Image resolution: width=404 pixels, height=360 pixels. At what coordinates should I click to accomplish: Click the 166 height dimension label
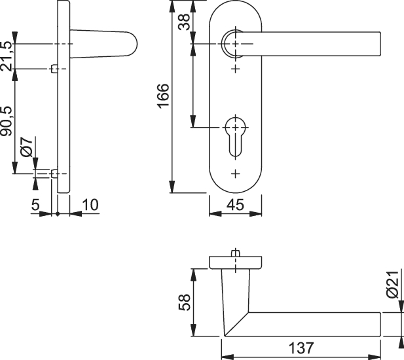coord(163,96)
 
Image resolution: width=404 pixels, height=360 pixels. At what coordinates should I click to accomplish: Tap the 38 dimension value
coord(185,22)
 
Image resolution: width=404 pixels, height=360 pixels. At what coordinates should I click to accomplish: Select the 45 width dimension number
coord(236,205)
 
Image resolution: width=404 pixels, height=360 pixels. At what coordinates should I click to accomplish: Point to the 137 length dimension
coord(301,348)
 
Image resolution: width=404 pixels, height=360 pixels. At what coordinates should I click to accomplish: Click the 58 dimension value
coord(185,302)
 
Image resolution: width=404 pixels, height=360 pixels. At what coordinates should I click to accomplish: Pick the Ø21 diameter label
coord(393,285)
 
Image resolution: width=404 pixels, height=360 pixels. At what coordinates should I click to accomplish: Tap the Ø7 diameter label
coord(27,147)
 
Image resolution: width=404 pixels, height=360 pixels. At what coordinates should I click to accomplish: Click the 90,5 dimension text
coord(6,122)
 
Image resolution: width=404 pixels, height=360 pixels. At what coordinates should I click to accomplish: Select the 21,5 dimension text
coord(6,56)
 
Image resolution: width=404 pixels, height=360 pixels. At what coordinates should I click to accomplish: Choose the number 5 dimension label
coord(35,205)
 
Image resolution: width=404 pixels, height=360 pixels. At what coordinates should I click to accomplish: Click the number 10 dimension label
coord(90,205)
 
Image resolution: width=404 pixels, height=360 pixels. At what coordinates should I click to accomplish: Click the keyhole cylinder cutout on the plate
coord(236,137)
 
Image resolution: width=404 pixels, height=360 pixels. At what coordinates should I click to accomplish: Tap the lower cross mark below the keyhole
coord(236,174)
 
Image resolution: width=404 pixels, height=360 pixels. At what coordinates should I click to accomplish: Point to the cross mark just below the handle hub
coord(236,69)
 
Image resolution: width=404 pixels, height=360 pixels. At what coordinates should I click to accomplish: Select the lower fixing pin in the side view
coord(54,174)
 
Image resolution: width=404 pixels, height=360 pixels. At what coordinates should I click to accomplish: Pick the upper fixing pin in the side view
coord(54,69)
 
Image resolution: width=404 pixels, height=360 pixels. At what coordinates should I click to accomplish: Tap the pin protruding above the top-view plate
coord(236,253)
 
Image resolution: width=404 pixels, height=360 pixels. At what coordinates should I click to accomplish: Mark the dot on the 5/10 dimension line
coord(58,214)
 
